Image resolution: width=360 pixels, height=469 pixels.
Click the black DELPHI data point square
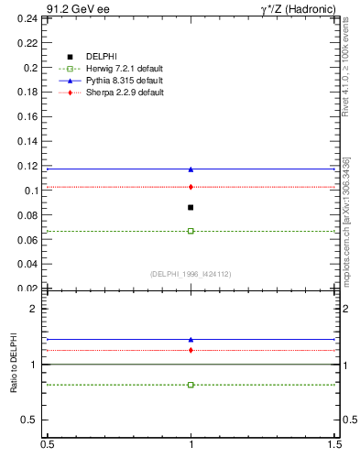click(191, 207)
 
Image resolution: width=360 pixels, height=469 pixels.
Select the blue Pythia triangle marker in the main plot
click(191, 169)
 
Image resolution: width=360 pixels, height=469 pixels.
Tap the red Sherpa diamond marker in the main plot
click(191, 187)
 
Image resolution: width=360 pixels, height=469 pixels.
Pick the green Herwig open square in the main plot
click(191, 231)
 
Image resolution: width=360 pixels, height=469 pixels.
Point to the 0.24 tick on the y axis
click(28, 18)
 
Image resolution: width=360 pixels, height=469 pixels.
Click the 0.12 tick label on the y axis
click(28, 166)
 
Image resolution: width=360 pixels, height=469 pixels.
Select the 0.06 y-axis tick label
click(28, 240)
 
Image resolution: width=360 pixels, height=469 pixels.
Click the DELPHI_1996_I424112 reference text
click(191, 274)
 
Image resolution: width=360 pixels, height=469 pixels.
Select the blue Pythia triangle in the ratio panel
click(191, 340)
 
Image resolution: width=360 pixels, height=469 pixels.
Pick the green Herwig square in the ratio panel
click(191, 385)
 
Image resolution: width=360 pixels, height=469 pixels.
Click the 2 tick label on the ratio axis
click(35, 309)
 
